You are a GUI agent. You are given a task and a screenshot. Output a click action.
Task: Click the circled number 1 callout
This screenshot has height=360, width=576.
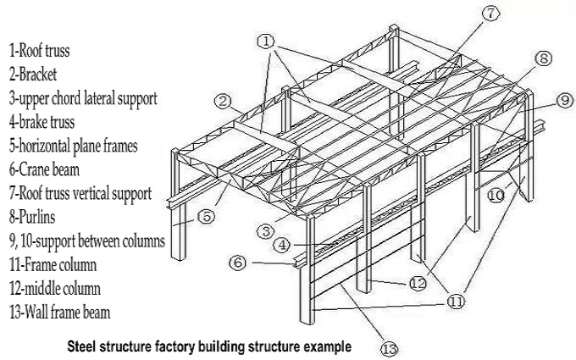coord(266,40)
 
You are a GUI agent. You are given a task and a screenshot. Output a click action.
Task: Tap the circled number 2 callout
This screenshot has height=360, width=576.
coord(224,102)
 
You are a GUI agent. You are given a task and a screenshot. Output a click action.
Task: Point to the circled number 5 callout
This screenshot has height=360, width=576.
coord(206,215)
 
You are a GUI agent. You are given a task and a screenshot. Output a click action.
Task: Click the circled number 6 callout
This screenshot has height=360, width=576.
coord(240,263)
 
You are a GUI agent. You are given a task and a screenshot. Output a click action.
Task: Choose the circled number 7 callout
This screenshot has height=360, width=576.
coord(492,14)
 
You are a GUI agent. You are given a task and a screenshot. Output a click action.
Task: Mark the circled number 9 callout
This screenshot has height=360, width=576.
coord(564,100)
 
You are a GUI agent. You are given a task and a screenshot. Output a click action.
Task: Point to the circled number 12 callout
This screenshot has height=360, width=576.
coord(417,283)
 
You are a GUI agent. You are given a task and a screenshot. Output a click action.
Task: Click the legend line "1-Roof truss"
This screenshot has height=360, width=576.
coord(40,51)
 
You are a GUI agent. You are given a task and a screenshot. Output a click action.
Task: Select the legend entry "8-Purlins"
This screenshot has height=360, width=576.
coord(36,217)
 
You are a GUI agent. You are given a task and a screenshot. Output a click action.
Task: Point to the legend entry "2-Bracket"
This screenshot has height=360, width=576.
coord(35,75)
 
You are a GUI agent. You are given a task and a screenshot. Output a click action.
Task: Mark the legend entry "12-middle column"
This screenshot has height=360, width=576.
coord(55,288)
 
